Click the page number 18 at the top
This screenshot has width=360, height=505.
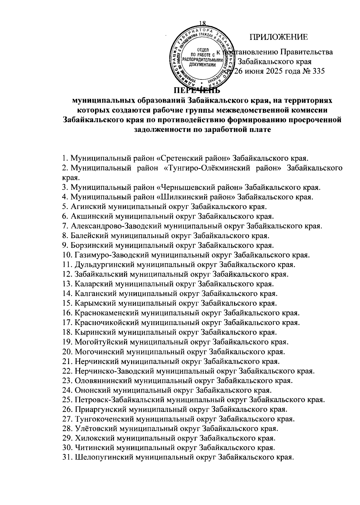point(204,24)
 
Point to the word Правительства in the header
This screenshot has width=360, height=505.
point(306,52)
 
